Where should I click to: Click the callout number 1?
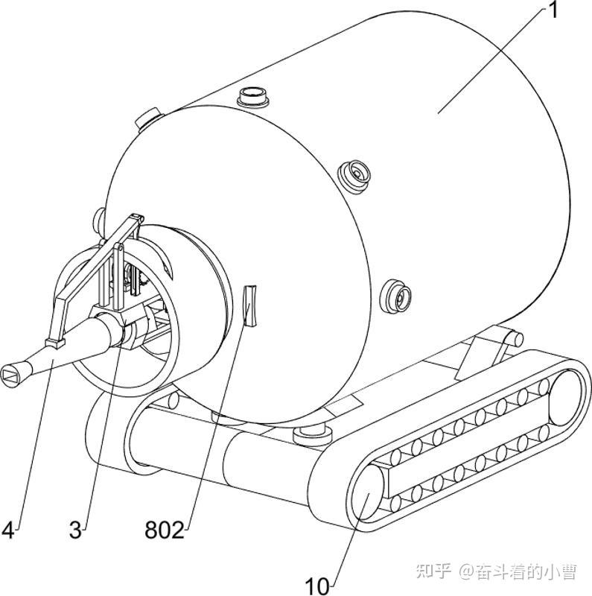click(x=553, y=10)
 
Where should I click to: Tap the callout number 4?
click(x=8, y=530)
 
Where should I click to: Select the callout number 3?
click(x=75, y=530)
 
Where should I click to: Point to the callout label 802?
click(x=165, y=530)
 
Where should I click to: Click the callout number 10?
click(x=318, y=586)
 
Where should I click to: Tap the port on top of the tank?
click(x=252, y=97)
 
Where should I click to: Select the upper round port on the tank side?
click(x=354, y=177)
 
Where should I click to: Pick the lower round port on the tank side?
click(x=395, y=297)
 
